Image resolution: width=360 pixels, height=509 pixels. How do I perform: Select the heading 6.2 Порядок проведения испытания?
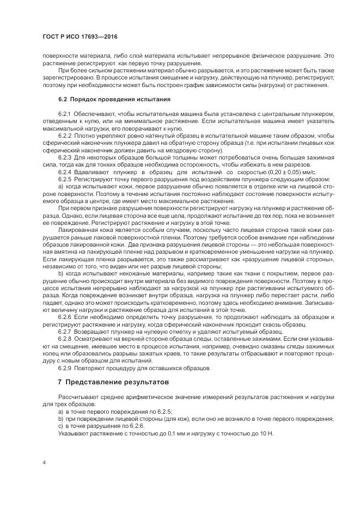point(114,100)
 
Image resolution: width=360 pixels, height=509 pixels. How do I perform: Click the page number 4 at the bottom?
point(44,462)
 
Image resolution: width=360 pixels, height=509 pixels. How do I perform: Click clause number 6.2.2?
point(65,134)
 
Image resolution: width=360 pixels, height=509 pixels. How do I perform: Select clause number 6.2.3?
point(65,156)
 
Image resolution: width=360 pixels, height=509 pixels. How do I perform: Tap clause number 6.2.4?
point(65,171)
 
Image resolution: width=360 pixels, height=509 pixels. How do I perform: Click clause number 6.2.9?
point(65,368)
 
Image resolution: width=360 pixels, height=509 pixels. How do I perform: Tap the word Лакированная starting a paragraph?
point(77,230)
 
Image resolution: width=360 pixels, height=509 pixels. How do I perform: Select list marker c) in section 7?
point(60,426)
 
